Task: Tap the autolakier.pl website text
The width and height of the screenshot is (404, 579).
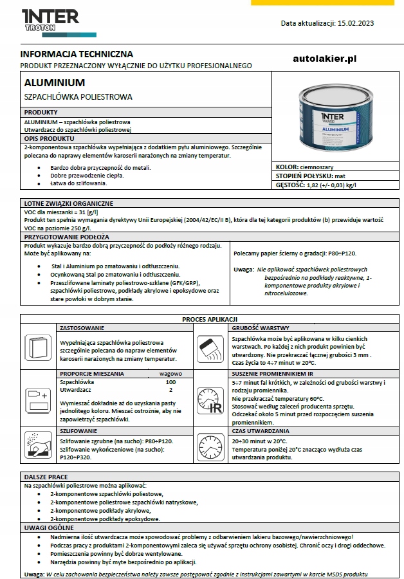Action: coord(324,59)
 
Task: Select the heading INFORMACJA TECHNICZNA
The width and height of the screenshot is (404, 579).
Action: coord(77,54)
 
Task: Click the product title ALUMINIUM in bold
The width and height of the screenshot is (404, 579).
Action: coord(54,83)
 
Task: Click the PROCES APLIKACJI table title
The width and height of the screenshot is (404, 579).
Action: coord(210,319)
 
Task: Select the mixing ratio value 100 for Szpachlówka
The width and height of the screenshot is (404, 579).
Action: coord(170,381)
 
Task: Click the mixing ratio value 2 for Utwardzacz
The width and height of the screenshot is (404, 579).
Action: coord(170,389)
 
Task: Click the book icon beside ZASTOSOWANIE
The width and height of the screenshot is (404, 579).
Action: coord(39,347)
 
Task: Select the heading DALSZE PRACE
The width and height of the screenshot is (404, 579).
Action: coord(46,477)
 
